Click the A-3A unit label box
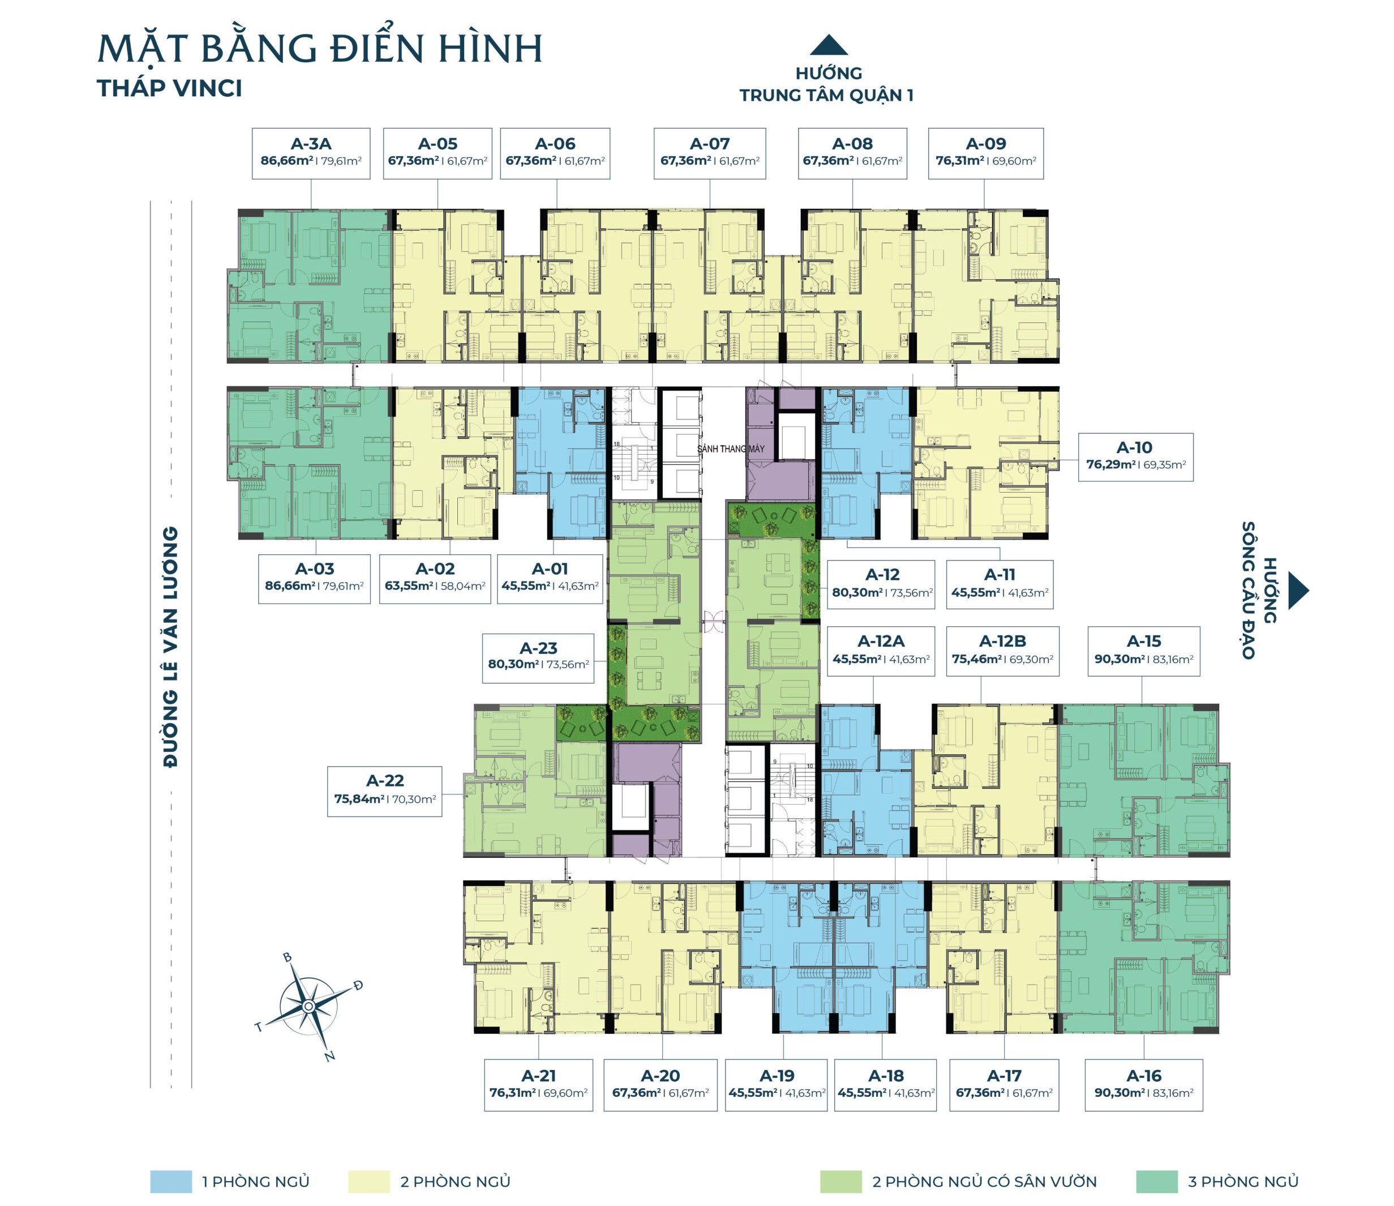click(311, 153)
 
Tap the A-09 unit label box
click(985, 153)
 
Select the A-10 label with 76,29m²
click(1136, 457)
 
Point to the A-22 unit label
click(385, 791)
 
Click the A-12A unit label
click(881, 651)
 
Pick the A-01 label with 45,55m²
click(550, 578)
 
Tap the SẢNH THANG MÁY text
click(731, 449)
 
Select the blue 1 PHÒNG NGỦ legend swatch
click(171, 1181)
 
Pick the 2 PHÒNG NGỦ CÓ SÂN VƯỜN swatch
click(840, 1181)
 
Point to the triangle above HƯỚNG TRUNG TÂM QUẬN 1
click(828, 45)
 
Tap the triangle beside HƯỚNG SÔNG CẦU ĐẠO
click(1298, 590)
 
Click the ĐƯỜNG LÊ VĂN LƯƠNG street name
click(171, 646)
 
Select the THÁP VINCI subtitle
click(170, 89)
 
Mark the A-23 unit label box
click(538, 657)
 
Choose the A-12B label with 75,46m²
click(1002, 651)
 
